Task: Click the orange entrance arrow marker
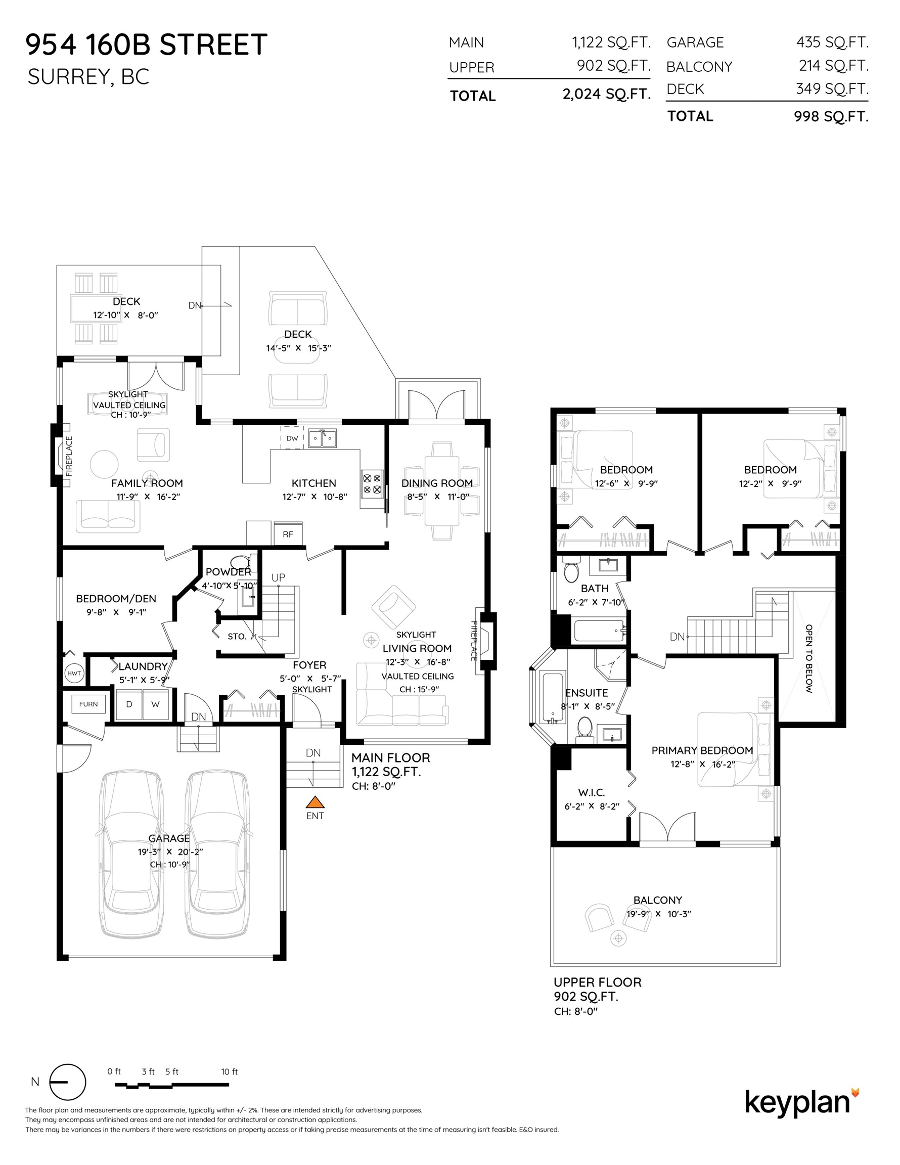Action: [316, 802]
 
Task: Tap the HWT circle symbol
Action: [74, 673]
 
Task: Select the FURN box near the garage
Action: [88, 704]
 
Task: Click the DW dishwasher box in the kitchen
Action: [292, 438]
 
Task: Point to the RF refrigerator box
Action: [288, 534]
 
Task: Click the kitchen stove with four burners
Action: [372, 483]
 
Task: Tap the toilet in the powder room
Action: [241, 562]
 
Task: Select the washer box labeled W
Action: [155, 704]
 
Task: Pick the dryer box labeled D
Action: [129, 704]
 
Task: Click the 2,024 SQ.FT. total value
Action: [606, 95]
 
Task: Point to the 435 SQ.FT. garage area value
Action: [832, 41]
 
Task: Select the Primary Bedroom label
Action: [702, 750]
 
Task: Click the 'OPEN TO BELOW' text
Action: [809, 659]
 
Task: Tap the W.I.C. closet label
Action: [591, 793]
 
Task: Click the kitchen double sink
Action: [322, 438]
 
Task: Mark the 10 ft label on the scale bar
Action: [230, 1071]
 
